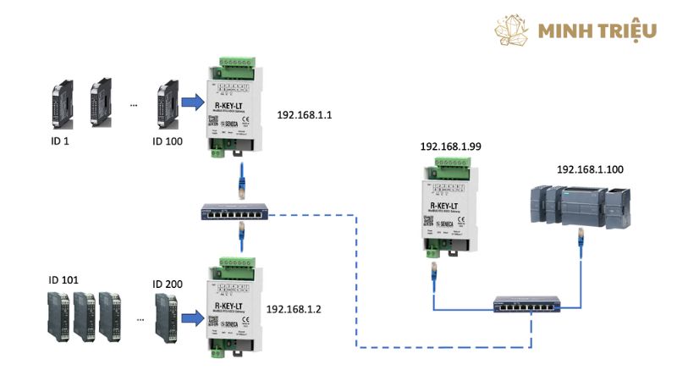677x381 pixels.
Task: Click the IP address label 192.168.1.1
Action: tap(306, 113)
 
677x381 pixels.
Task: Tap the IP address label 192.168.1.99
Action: tap(451, 146)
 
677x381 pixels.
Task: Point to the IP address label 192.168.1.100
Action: tap(590, 169)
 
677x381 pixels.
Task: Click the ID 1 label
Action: tap(60, 141)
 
